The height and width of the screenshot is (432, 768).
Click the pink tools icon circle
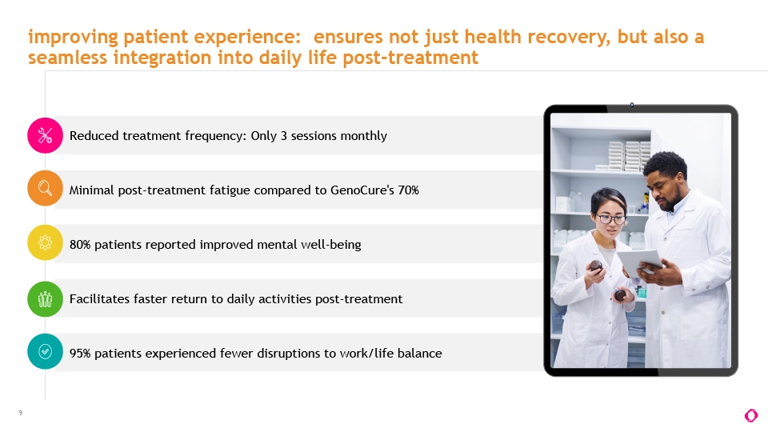click(45, 136)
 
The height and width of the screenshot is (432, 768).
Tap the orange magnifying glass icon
click(45, 188)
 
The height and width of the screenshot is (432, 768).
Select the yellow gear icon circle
click(45, 242)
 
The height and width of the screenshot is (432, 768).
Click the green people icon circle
click(45, 298)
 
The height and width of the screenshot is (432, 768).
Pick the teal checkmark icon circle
click(45, 351)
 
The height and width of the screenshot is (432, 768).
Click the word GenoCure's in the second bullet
click(362, 190)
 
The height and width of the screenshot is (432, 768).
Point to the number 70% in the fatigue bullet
click(409, 190)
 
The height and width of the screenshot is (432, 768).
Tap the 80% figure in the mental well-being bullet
click(80, 245)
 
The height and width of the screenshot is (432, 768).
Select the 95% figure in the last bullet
click(80, 353)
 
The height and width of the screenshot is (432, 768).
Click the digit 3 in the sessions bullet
click(283, 136)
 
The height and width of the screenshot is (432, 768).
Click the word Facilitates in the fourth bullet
click(99, 298)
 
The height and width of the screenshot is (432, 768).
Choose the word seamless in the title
click(67, 58)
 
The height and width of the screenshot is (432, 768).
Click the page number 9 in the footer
click(21, 413)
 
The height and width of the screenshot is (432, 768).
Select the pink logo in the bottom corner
click(751, 415)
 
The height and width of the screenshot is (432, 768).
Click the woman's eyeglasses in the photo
click(610, 219)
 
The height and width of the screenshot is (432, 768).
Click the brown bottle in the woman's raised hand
click(595, 266)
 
